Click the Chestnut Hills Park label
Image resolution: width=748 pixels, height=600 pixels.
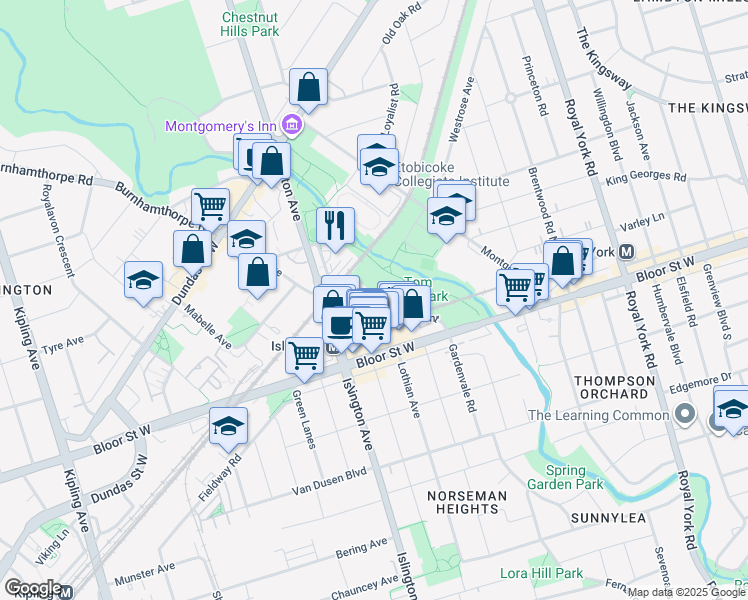click(249, 24)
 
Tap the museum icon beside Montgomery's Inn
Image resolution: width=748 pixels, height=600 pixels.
click(292, 125)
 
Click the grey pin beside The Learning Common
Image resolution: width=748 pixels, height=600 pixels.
click(685, 414)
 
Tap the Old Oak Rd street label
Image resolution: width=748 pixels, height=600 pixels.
click(400, 22)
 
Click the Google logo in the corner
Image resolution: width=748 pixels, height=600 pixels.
click(33, 588)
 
